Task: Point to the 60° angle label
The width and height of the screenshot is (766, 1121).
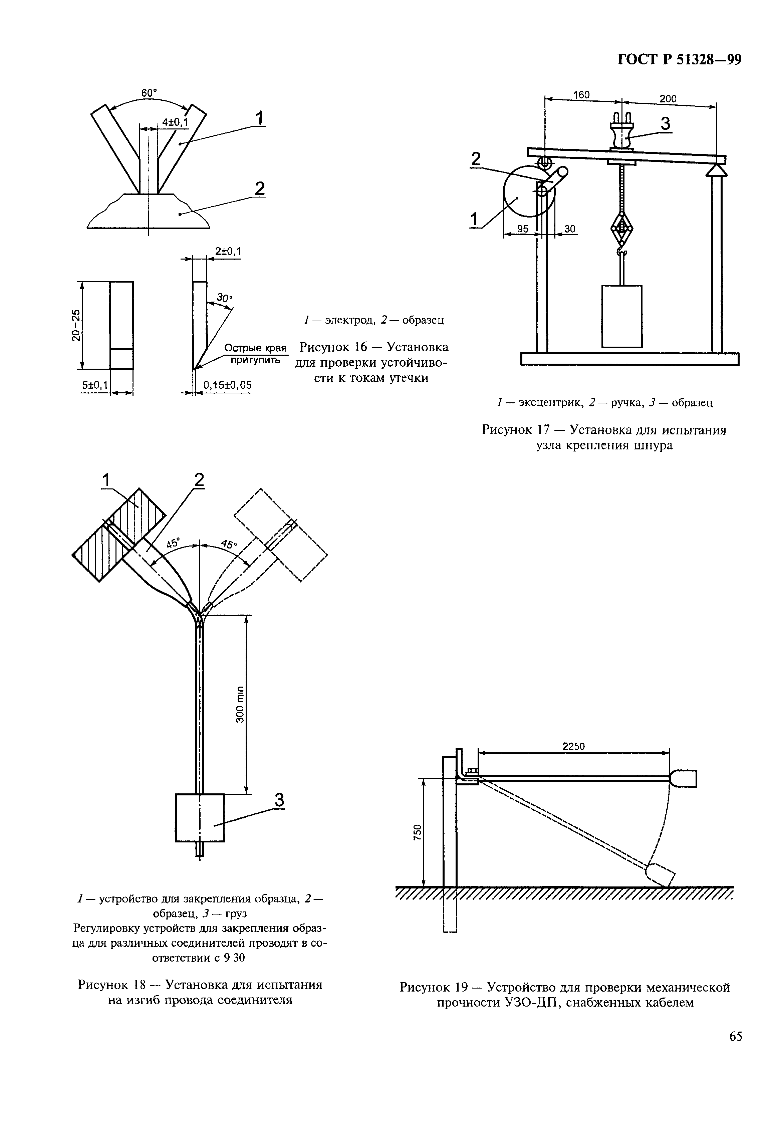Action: (149, 93)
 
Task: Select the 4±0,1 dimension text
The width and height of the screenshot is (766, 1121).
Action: (175, 122)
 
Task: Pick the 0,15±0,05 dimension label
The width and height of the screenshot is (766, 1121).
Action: (227, 385)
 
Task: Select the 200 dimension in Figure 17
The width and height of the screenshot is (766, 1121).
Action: (668, 99)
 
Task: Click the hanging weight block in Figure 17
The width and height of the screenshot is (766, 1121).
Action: (622, 316)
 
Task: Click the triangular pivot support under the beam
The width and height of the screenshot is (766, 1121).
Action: (716, 170)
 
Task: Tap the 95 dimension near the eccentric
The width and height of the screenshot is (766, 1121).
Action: (523, 229)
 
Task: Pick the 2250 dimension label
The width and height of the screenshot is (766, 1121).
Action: (573, 746)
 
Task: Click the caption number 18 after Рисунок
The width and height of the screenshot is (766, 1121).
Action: (138, 985)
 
